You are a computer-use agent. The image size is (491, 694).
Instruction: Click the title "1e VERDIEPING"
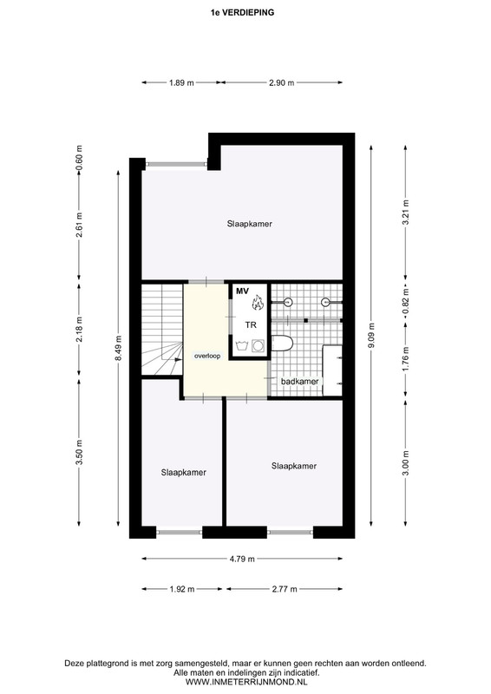242,12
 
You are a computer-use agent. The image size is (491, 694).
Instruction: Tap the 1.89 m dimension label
181,82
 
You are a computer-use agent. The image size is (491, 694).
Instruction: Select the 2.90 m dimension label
282,82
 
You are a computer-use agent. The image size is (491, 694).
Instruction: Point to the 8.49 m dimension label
118,348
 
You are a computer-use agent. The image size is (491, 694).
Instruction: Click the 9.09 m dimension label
371,335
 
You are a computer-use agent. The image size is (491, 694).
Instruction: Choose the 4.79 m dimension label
242,559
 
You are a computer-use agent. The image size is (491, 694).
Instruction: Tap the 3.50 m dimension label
79,452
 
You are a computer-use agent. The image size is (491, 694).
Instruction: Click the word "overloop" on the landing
207,356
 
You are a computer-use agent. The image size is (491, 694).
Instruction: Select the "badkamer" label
300,381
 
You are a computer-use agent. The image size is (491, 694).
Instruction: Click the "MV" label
242,291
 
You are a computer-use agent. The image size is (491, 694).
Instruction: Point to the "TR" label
251,325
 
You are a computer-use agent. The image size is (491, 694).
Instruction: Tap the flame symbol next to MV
258,303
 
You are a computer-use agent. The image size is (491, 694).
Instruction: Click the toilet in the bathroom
282,343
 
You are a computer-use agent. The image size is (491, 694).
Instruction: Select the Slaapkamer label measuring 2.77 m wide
294,466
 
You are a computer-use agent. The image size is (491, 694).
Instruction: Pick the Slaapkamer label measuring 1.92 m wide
184,473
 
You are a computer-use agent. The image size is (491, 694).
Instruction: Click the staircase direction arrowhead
178,360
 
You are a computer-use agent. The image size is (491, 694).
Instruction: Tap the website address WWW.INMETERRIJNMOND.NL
246,682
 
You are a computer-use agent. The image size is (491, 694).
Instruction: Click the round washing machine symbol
258,345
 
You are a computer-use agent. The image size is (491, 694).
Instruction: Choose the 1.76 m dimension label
405,360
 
